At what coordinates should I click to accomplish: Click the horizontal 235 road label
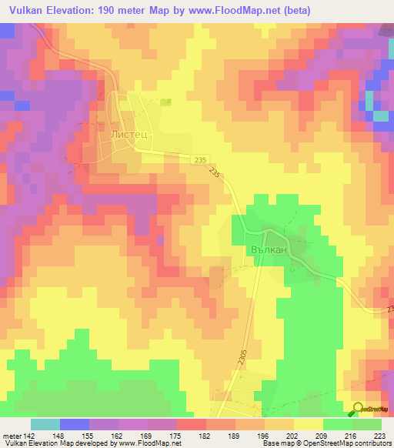[201, 159]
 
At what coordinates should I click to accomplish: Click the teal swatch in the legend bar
[45, 424]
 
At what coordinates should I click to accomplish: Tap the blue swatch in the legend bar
[75, 424]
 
